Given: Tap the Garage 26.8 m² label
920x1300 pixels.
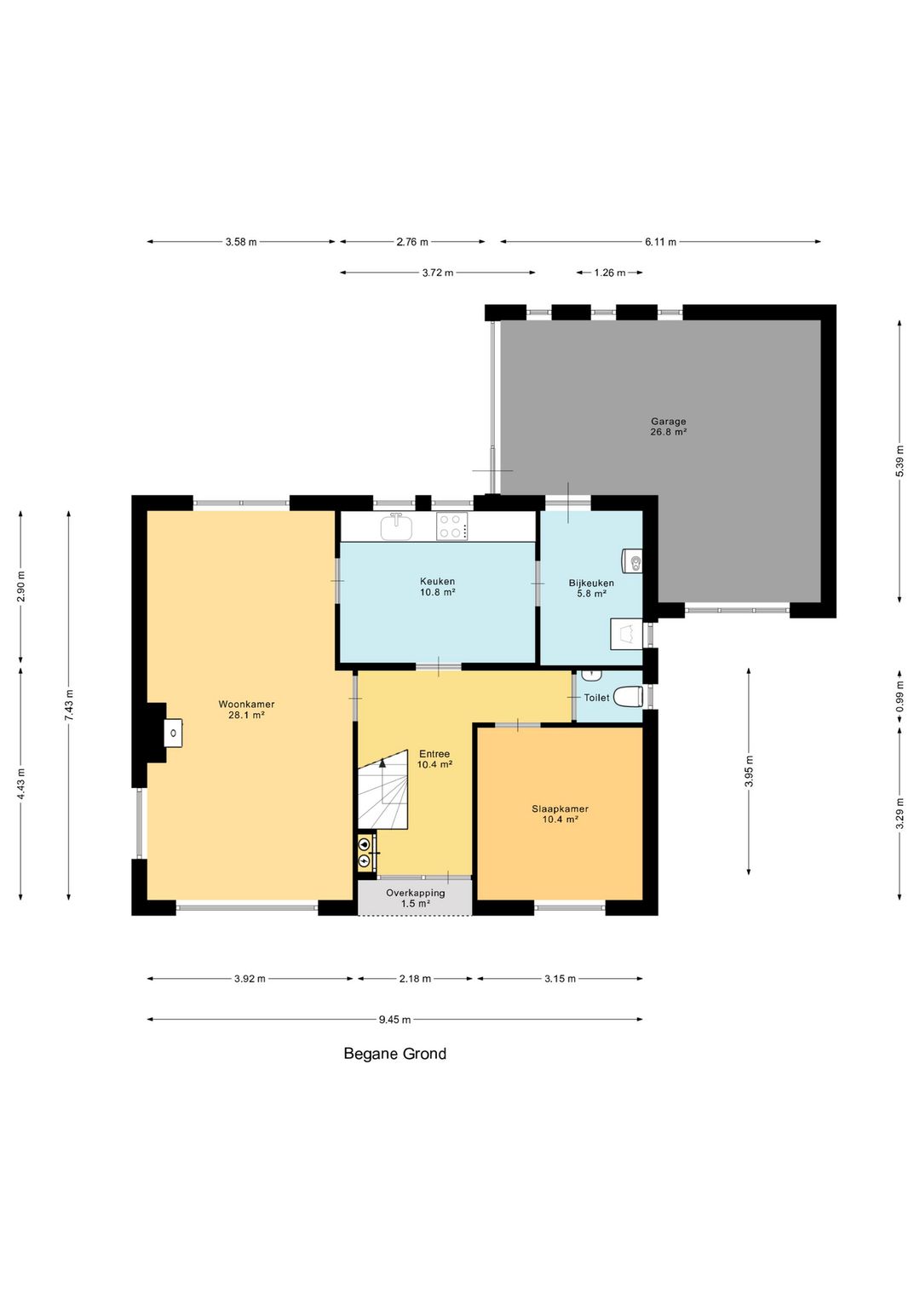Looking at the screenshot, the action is pos(668,427).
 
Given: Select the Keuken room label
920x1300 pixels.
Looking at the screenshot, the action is pos(437,587).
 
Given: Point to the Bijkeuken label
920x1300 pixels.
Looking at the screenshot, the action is pos(591,588).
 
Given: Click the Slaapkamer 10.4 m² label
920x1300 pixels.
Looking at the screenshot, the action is pos(561,814).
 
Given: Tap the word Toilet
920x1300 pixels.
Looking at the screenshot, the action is pos(596,698).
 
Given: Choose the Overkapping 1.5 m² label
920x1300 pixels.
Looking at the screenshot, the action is pos(416,899).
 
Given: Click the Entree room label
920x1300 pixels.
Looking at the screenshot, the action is pos(434,759).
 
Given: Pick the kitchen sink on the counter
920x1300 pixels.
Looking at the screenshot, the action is pos(396,526).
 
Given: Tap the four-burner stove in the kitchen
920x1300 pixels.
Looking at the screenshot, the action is pos(452,526).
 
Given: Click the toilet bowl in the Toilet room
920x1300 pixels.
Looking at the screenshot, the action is pos(629,697).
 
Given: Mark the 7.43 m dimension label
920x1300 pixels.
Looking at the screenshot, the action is pos(68,705).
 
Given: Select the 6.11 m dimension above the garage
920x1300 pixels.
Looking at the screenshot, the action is pos(660,242).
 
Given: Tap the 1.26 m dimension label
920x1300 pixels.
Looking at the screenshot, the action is pos(609,273).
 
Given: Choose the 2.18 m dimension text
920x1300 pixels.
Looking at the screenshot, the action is pos(415,979).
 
